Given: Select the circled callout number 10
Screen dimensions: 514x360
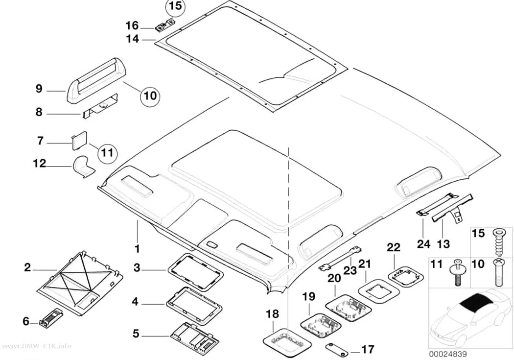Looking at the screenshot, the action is pyautogui.click(x=150, y=96).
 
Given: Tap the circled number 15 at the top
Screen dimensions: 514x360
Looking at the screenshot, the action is pyautogui.click(x=176, y=6).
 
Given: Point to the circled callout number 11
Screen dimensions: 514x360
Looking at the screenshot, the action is pyautogui.click(x=108, y=152).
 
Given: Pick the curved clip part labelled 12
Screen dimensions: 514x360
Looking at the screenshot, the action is pyautogui.click(x=83, y=167).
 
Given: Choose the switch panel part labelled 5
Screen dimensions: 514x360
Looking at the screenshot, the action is pyautogui.click(x=195, y=337).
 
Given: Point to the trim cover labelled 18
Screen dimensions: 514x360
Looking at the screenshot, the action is pyautogui.click(x=287, y=343).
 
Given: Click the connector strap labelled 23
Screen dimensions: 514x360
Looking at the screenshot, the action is pyautogui.click(x=340, y=259).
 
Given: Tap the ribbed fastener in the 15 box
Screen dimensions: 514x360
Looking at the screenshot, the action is pyautogui.click(x=498, y=244).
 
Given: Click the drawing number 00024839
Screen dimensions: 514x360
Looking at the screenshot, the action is pyautogui.click(x=448, y=354).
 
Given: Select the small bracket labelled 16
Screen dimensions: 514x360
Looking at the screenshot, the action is pyautogui.click(x=165, y=25).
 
